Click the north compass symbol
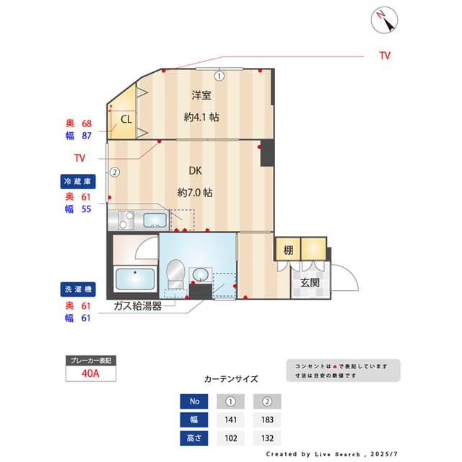pos(385,19)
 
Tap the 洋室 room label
pos(201,95)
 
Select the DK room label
pos(195,171)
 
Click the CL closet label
pos(126,119)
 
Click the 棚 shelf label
pos(288,250)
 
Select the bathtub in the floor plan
pos(135,279)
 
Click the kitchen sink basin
pos(154,220)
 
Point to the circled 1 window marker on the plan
pos(219,75)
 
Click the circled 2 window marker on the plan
pos(114,172)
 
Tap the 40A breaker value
pos(90,373)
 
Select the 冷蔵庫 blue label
pos(76,182)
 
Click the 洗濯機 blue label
pos(76,289)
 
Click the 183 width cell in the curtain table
pos(267,419)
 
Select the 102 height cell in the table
pos(231,437)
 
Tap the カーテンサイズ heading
pos(231,378)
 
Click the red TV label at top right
pos(385,56)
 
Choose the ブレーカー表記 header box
pos(90,359)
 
